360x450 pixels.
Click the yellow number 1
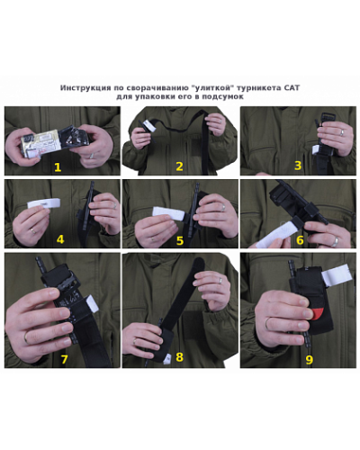coord(58,167)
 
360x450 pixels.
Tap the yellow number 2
coord(179,166)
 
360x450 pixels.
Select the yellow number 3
coord(298,166)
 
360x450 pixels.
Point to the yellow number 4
coord(60,239)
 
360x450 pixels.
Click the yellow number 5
coord(180,240)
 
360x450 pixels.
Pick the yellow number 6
coord(300,240)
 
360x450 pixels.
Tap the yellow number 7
coord(64,359)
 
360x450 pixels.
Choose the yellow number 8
coord(179,357)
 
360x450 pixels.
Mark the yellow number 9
coord(309,359)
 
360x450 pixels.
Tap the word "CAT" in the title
coord(292,88)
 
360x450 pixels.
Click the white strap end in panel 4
coord(44,204)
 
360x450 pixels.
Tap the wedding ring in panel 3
coord(342,132)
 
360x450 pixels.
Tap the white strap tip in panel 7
coord(93,302)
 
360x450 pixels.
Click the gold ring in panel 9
coord(268,324)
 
